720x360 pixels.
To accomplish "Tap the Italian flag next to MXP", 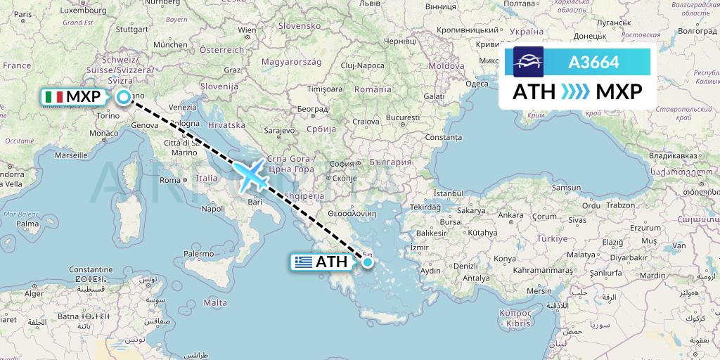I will [53, 97].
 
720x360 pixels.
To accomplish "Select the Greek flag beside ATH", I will [303, 262].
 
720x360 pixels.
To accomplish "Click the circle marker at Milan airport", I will [124, 98].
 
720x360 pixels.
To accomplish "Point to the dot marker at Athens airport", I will [367, 262].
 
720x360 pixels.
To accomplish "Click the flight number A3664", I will [594, 62].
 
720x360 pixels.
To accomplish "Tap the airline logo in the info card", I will [528, 62].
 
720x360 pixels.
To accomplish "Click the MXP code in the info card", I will [618, 91].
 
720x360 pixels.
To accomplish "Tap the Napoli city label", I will [212, 208].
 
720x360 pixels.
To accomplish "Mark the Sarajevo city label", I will [280, 131].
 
